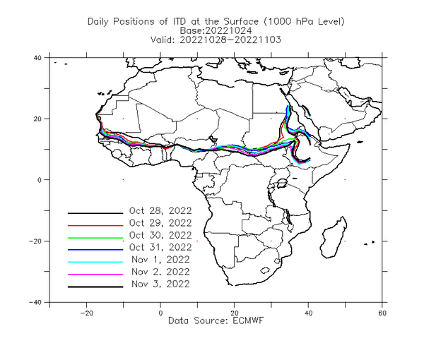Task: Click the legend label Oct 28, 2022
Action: pyautogui.click(x=160, y=210)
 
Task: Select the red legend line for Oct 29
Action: pyautogui.click(x=95, y=225)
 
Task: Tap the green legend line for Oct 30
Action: pyautogui.click(x=95, y=238)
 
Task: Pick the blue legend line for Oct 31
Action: pyautogui.click(x=95, y=250)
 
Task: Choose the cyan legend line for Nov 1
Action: pyautogui.click(x=95, y=262)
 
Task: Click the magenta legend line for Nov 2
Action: pyautogui.click(x=95, y=275)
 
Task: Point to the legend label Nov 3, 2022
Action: pyautogui.click(x=160, y=284)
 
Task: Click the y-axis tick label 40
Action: pyautogui.click(x=37, y=58)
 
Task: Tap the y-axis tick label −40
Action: pyautogui.click(x=35, y=302)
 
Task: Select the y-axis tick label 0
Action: pyautogui.click(x=40, y=180)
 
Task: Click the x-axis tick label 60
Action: pyautogui.click(x=382, y=313)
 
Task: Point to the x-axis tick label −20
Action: pyautogui.click(x=86, y=313)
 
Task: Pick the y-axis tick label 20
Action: pyautogui.click(x=37, y=119)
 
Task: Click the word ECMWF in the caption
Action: pyautogui.click(x=248, y=320)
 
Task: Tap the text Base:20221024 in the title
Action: pyautogui.click(x=216, y=30)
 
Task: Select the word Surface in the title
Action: pyautogui.click(x=241, y=21)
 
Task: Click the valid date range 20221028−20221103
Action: pyautogui.click(x=230, y=40)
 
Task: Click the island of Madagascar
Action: pyautogui.click(x=334, y=238)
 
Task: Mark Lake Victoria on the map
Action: pyautogui.click(x=282, y=183)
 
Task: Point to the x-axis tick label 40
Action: pyautogui.click(x=308, y=313)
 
